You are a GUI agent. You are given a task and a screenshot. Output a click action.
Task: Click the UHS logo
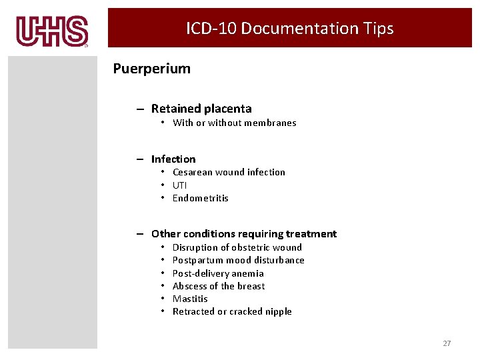click(x=52, y=31)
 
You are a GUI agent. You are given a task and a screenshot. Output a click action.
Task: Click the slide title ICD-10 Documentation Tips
click(x=289, y=29)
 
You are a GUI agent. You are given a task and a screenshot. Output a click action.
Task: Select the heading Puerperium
click(x=151, y=69)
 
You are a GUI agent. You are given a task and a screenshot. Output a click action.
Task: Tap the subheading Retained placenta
click(x=201, y=109)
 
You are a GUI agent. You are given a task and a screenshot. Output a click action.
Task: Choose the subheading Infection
click(x=173, y=159)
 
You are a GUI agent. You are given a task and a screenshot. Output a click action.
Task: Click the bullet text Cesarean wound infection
click(x=229, y=172)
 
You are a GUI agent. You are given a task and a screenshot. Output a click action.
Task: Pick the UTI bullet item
click(x=179, y=185)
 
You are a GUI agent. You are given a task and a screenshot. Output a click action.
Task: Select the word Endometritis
click(x=200, y=198)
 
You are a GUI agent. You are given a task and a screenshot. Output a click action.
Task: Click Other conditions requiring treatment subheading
click(x=244, y=234)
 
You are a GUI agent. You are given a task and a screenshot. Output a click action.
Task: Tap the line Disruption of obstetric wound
click(x=237, y=247)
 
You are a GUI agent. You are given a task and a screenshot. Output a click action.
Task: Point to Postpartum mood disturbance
click(x=238, y=260)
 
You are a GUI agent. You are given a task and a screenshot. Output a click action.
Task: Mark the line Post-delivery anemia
click(x=218, y=273)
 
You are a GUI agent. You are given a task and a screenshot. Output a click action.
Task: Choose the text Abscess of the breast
click(x=219, y=286)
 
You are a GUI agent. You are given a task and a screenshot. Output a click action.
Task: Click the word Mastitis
click(x=190, y=299)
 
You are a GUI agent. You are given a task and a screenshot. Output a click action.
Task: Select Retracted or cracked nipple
click(x=232, y=311)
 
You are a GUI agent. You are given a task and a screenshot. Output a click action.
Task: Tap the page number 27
click(x=447, y=343)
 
